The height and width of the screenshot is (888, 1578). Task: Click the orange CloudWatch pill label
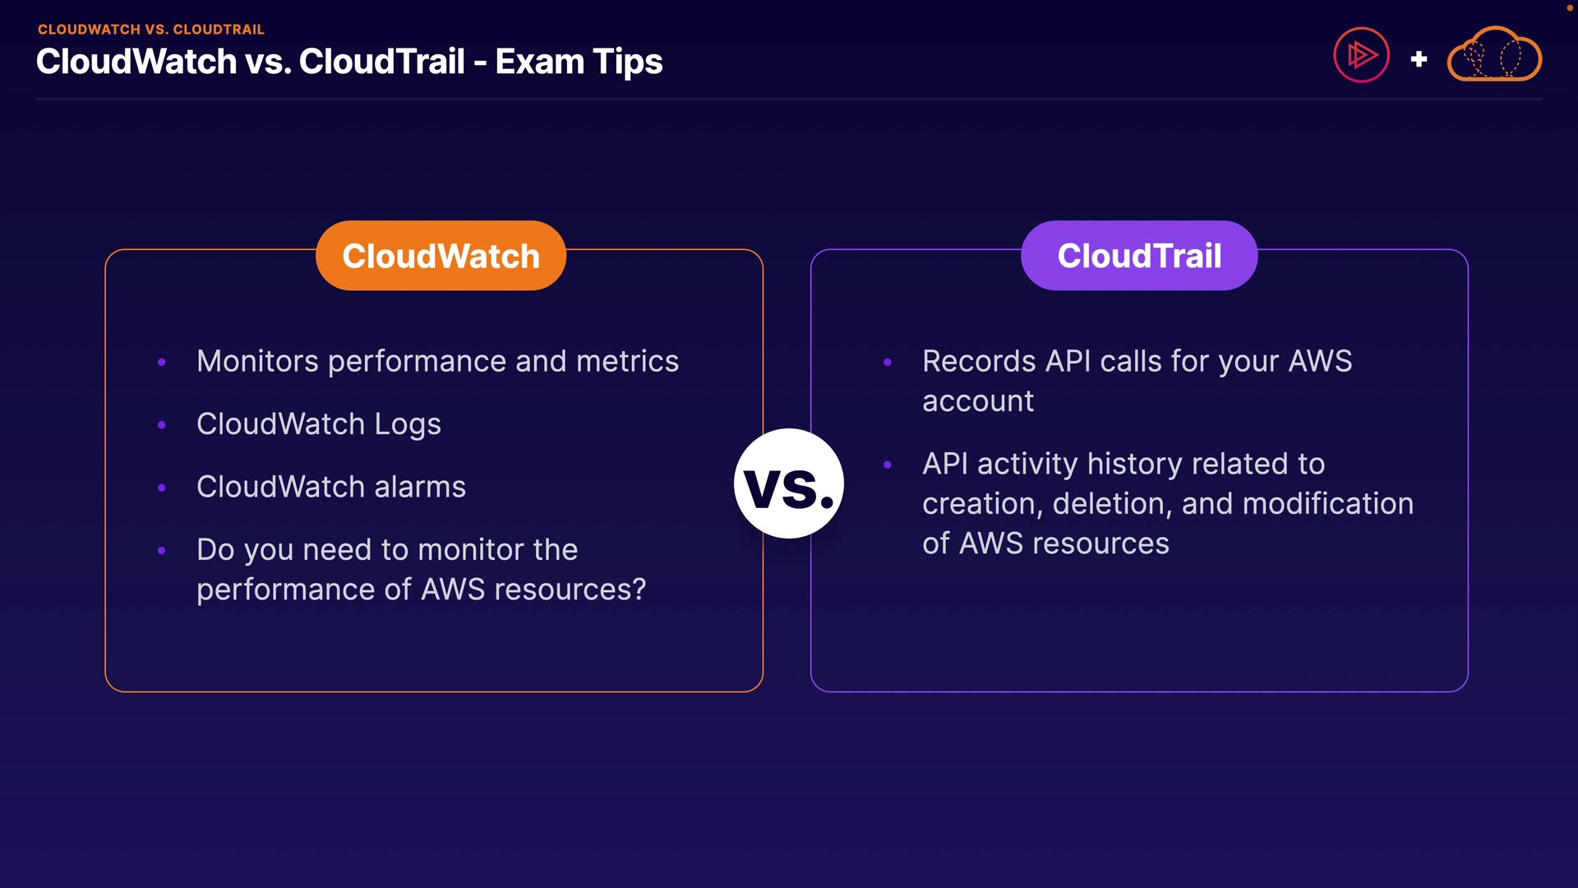441,255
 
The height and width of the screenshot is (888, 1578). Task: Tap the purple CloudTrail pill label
1139,255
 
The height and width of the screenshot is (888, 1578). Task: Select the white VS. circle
789,483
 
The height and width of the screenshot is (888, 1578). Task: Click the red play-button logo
1361,55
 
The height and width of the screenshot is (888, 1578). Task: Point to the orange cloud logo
1494,54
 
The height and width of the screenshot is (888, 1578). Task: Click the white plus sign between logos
1419,59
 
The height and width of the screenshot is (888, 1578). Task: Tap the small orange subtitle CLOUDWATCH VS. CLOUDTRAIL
151,30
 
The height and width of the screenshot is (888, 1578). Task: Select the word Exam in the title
539,62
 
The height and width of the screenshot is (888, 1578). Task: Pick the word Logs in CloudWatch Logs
408,425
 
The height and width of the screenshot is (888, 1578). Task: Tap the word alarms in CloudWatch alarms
420,487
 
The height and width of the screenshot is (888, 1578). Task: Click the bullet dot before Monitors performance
162,362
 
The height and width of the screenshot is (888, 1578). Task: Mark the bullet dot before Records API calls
888,362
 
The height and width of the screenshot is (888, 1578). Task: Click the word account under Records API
978,402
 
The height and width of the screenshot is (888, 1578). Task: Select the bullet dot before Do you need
162,550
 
